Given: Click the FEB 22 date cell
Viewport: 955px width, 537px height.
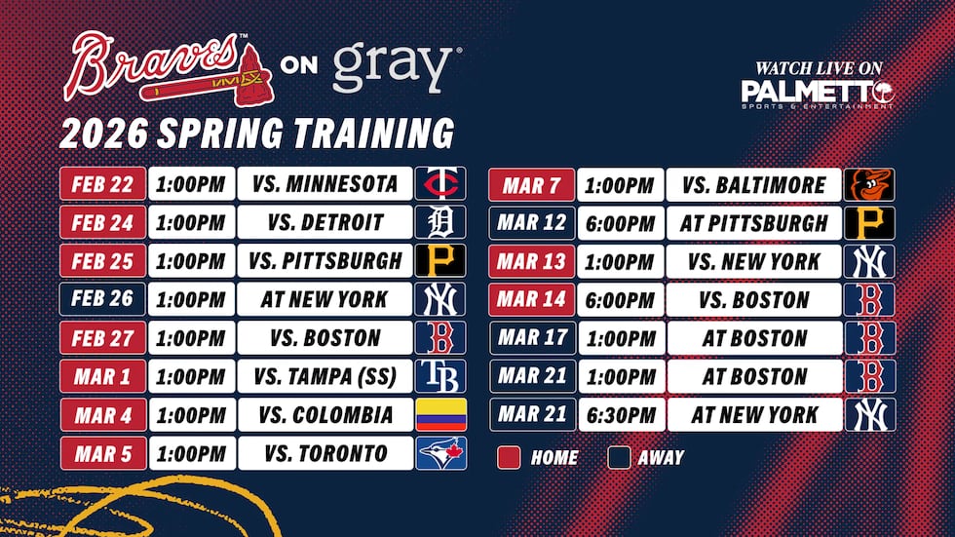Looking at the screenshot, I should [102, 183].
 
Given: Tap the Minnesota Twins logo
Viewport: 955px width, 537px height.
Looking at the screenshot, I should [440, 183].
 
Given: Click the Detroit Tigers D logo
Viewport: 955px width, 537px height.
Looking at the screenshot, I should [440, 222].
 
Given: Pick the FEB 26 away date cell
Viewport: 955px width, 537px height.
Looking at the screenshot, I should [102, 299].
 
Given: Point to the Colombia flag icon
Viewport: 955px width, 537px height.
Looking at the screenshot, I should [440, 415].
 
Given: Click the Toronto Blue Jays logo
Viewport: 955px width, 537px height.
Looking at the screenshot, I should [440, 453].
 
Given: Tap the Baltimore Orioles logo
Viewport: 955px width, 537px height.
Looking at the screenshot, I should [869, 184].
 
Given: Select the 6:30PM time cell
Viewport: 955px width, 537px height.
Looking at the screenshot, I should [620, 414].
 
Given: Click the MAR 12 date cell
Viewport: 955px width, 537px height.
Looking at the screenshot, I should [532, 222].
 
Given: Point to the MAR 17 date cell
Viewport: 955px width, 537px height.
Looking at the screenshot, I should [532, 338].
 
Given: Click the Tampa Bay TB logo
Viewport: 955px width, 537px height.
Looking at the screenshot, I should [440, 376].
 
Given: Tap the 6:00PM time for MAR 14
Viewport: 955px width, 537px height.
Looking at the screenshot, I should [620, 299].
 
